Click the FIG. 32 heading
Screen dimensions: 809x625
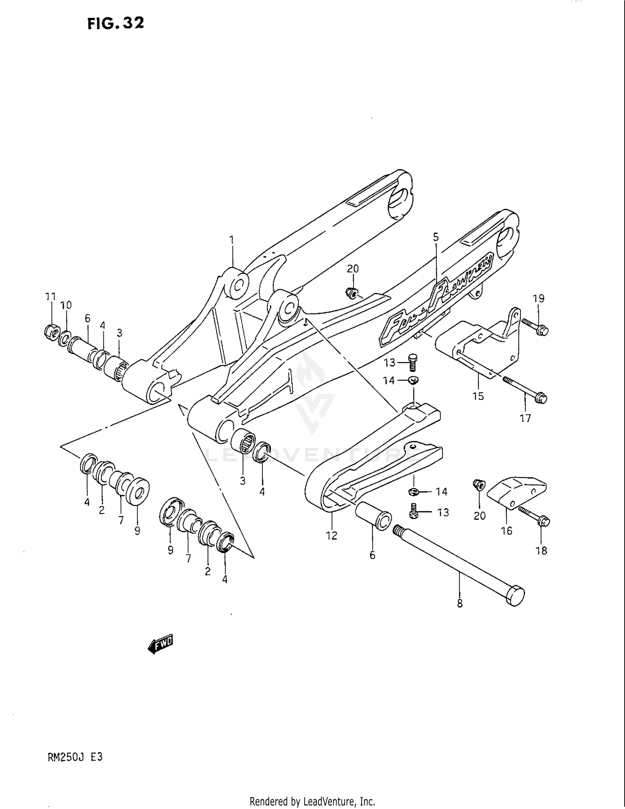(x=116, y=23)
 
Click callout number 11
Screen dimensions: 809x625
(x=50, y=297)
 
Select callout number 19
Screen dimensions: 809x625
(x=538, y=298)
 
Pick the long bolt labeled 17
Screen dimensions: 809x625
(x=525, y=389)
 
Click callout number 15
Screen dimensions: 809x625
(x=478, y=396)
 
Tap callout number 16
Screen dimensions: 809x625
(x=506, y=531)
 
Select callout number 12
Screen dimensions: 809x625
(x=331, y=536)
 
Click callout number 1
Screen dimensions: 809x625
(x=232, y=240)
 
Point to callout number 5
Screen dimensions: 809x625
(x=436, y=238)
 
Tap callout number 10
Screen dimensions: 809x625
(x=66, y=305)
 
